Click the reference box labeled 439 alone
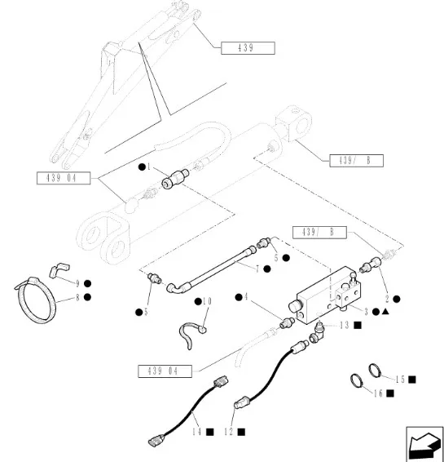pos(248,48)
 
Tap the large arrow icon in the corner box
pos(424,444)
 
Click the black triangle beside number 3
pos(385,312)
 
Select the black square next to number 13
pos(358,326)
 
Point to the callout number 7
pos(257,269)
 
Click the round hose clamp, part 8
pos(35,300)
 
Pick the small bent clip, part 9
pos(59,270)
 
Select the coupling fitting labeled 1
pos(175,180)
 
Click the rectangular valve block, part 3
pos(328,295)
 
